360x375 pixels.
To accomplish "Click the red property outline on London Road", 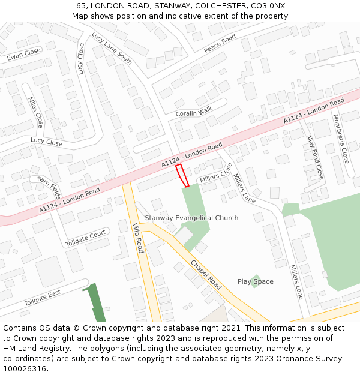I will pos(182,175).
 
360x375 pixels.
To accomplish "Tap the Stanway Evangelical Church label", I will pos(191,218).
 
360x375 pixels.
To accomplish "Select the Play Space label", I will pos(255,281).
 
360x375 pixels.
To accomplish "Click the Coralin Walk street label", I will pos(194,112).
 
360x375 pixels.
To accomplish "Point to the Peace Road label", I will pos(220,44).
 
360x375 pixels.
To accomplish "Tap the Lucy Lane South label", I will pos(112,49).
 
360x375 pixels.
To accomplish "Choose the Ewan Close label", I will pos(24,55).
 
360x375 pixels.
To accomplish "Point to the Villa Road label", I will pos(137,237).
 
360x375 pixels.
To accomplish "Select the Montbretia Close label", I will pos(340,139).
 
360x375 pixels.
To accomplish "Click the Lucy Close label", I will pos(46,143).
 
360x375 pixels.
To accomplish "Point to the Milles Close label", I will pos(35,112).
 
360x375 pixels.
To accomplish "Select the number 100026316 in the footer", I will pos(24,369).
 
